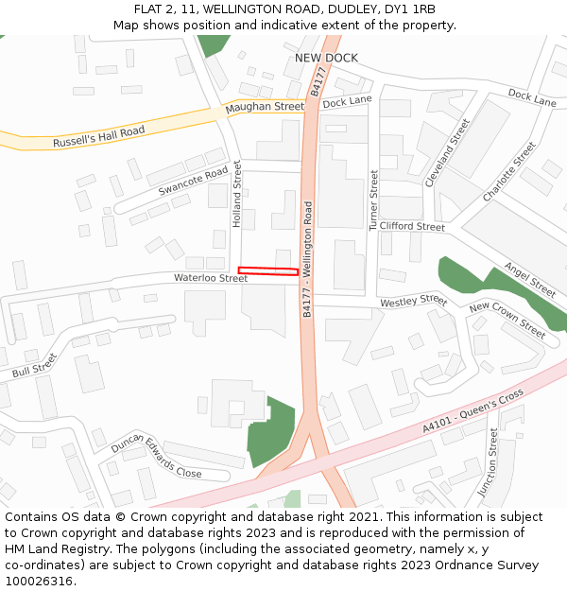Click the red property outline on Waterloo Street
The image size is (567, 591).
point(268,271)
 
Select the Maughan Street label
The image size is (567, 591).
point(265,107)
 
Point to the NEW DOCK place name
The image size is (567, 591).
point(326,58)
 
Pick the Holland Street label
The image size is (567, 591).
point(237,194)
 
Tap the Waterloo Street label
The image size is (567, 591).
point(210,278)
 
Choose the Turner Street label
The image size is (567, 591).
point(374,200)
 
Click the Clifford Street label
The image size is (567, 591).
point(412,227)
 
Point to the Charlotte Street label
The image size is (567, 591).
point(508,171)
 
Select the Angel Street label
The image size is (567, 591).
point(529,279)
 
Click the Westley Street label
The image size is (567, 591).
point(413,302)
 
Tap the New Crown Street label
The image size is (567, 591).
point(507,320)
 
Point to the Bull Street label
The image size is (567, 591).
point(35,366)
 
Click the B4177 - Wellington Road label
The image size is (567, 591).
point(307,258)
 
